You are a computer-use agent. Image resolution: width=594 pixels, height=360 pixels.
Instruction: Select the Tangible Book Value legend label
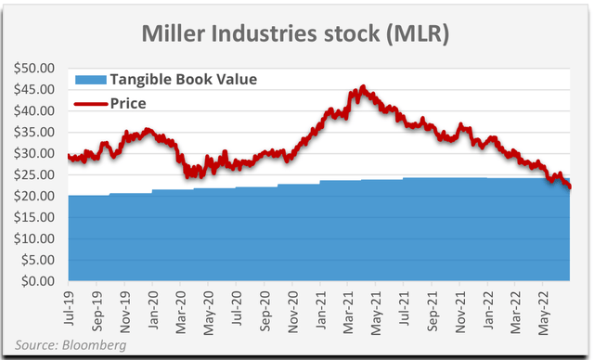(x=183, y=79)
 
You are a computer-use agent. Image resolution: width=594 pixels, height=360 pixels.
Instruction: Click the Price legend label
(x=128, y=102)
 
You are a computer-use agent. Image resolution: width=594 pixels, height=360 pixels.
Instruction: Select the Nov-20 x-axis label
(x=294, y=305)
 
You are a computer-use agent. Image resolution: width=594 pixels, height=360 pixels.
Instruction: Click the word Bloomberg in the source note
(x=94, y=346)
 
